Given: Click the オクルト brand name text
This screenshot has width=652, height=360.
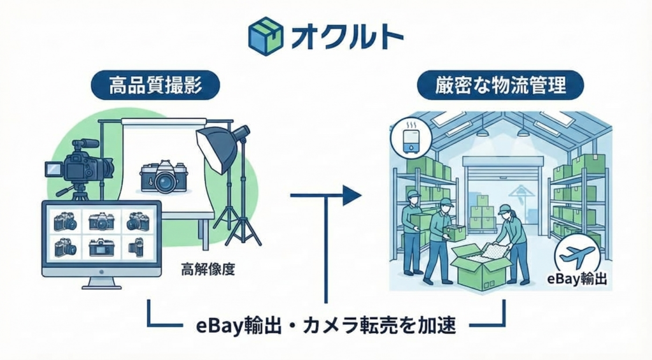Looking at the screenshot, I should click(x=347, y=36).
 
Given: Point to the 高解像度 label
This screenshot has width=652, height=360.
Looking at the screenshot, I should click(x=208, y=269).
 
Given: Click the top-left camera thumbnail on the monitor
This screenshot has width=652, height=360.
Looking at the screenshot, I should click(x=66, y=221).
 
